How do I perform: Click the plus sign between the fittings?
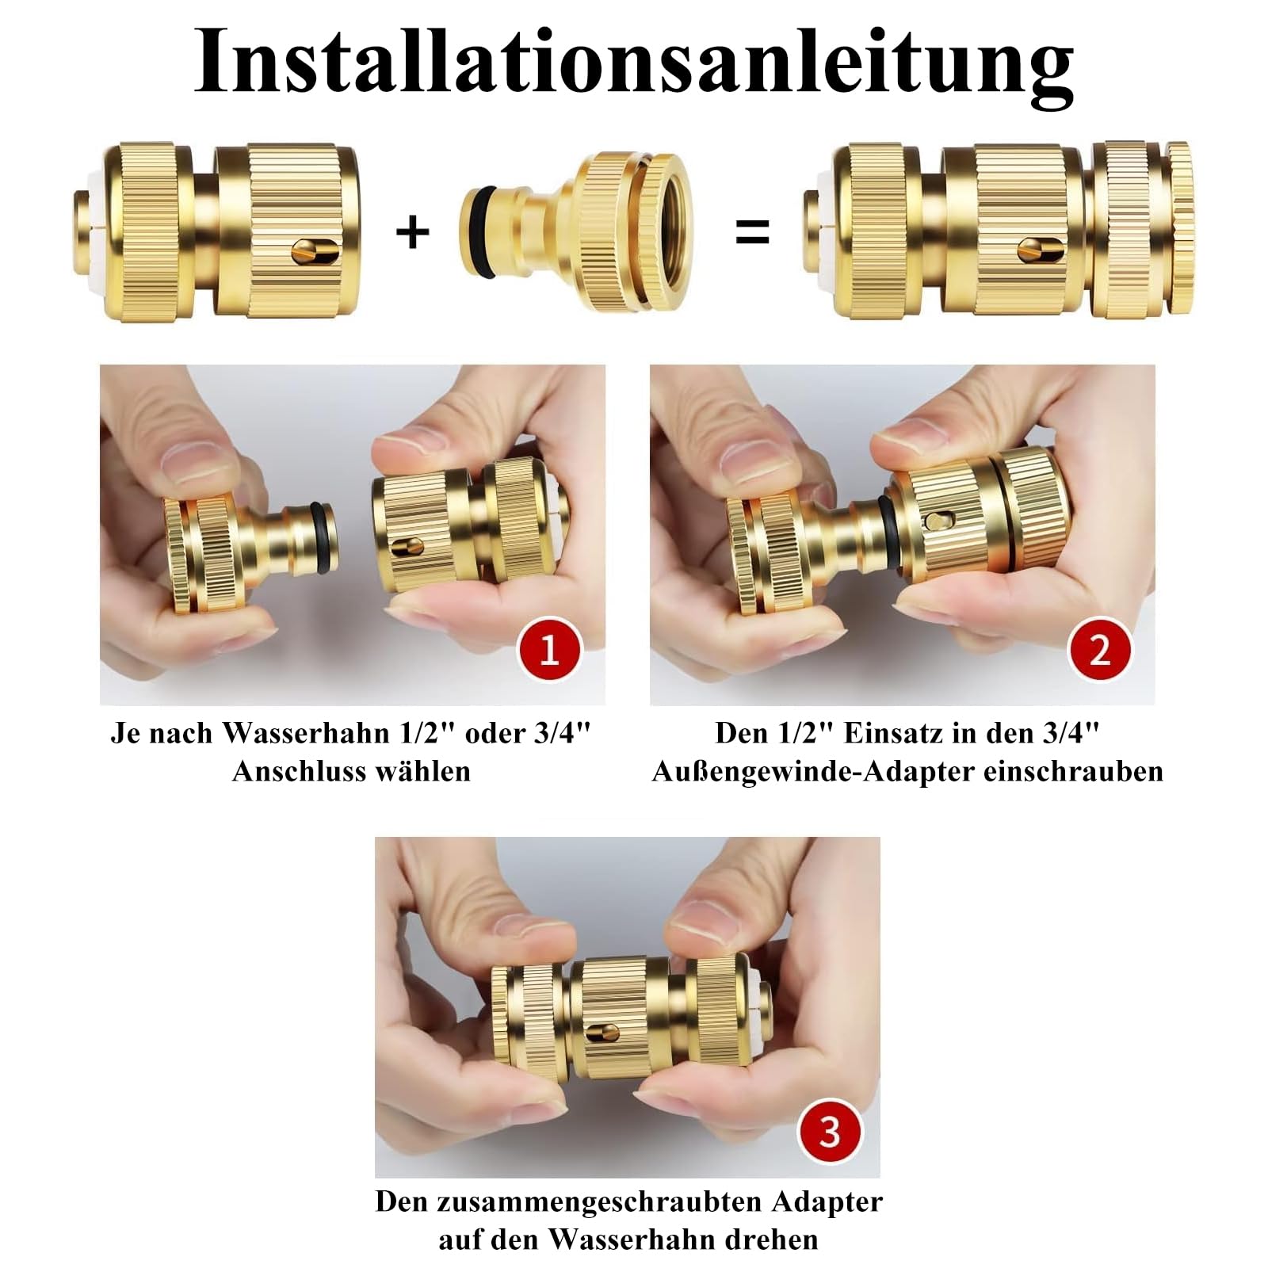coord(412,232)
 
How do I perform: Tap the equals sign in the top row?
coord(752,232)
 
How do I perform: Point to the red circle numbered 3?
coord(829,1131)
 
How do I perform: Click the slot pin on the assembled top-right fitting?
coord(1039,250)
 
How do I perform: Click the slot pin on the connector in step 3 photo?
coord(602,1033)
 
